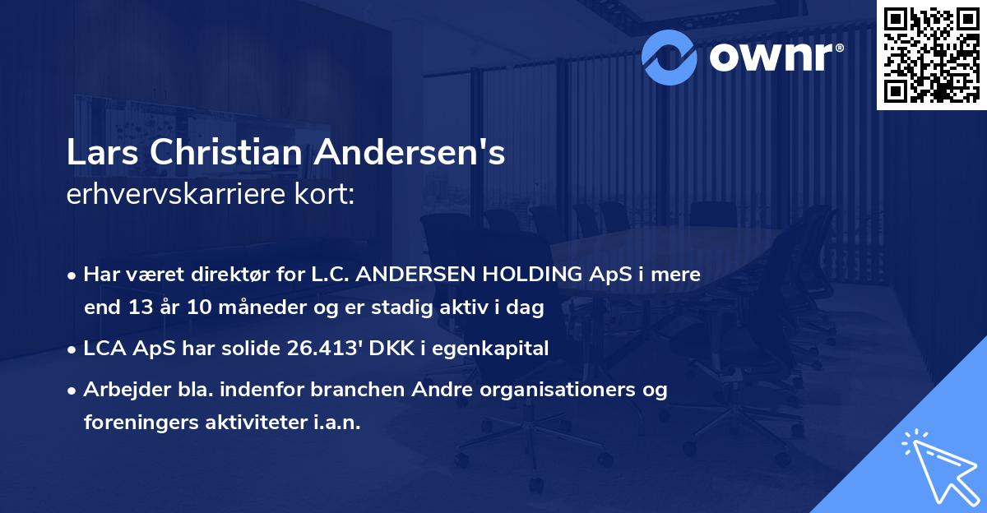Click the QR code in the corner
(x=932, y=54)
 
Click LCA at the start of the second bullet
(x=104, y=349)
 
